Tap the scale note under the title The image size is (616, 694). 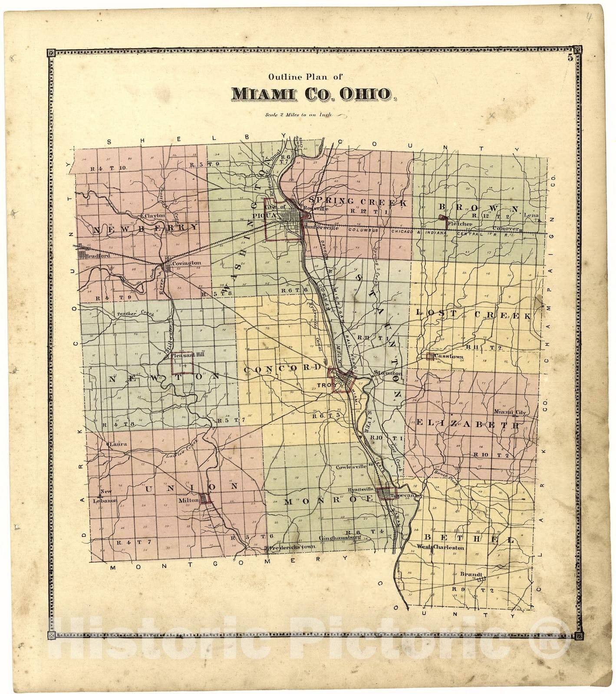point(300,115)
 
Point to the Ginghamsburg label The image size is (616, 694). point(340,538)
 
